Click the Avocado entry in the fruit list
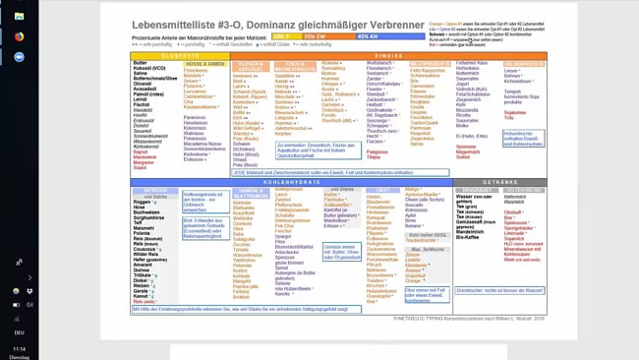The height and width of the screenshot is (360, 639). [x=416, y=205]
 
